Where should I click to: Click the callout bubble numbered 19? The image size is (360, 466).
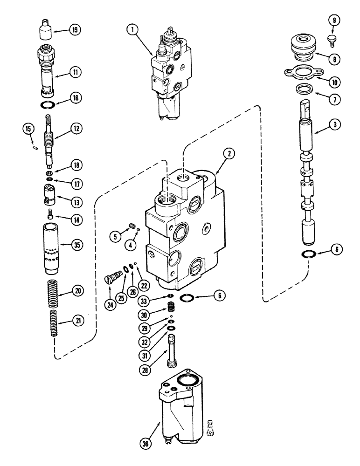pyautogui.click(x=74, y=31)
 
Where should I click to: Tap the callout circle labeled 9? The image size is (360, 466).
pyautogui.click(x=334, y=20)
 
